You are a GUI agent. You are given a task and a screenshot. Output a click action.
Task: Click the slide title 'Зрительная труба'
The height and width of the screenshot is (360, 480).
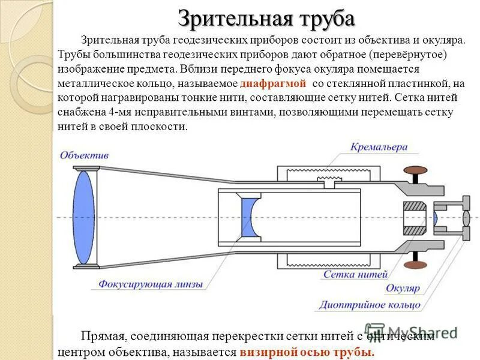click(x=266, y=18)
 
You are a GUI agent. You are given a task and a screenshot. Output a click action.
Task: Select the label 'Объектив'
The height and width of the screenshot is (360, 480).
click(x=84, y=155)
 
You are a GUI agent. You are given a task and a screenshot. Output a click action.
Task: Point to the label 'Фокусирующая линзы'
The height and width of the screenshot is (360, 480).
click(x=151, y=284)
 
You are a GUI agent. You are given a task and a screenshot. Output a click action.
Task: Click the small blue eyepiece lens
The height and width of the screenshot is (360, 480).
click(x=436, y=218)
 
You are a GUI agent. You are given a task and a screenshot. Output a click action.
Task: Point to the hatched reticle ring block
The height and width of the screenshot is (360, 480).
click(x=415, y=218)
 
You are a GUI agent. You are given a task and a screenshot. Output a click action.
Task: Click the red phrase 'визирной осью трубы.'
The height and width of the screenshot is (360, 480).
click(x=307, y=352)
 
